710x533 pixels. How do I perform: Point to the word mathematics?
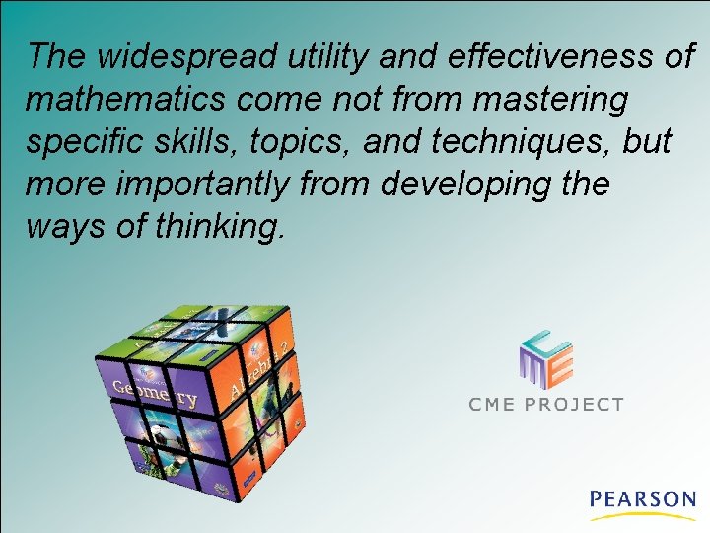[121, 100]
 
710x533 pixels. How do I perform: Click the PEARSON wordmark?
[643, 499]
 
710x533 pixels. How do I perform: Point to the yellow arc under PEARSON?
[643, 516]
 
